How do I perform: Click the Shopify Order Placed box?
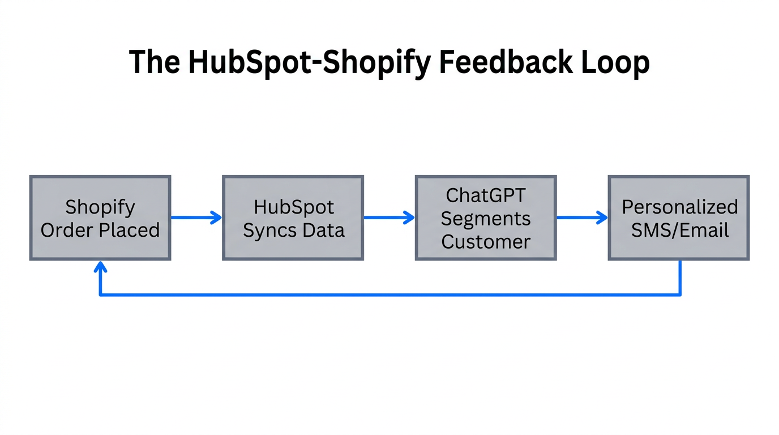click(100, 218)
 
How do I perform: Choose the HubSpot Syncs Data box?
click(293, 218)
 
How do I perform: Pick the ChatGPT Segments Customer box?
click(486, 218)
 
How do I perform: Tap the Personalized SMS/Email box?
click(679, 218)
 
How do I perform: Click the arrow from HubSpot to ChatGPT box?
click(389, 217)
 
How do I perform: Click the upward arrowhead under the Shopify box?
click(101, 267)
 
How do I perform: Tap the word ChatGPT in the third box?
click(486, 195)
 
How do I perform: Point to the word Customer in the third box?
click(486, 242)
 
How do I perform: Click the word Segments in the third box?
click(486, 219)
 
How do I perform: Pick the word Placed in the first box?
click(134, 231)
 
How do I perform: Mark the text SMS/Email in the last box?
click(679, 231)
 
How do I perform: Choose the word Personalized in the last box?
click(679, 207)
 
